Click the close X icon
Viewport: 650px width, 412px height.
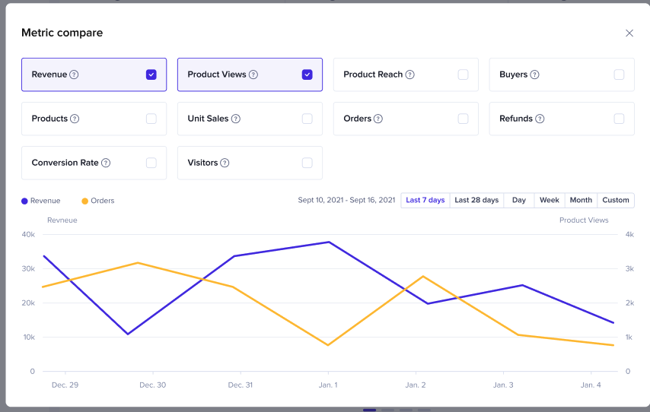pyautogui.click(x=629, y=33)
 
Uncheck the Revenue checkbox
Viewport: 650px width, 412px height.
pyautogui.click(x=151, y=74)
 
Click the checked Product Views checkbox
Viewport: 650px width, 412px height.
pyautogui.click(x=307, y=74)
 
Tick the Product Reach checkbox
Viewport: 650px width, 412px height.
pyautogui.click(x=463, y=74)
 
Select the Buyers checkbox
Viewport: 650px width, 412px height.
pyautogui.click(x=619, y=74)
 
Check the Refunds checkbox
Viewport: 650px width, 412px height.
pyautogui.click(x=619, y=119)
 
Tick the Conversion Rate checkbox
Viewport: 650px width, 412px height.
pyautogui.click(x=151, y=163)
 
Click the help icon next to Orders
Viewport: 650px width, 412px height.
pyautogui.click(x=378, y=119)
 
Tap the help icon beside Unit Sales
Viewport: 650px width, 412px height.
pyautogui.click(x=236, y=119)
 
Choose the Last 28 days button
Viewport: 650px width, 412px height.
pyautogui.click(x=476, y=201)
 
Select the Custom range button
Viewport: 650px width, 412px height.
pyautogui.click(x=616, y=201)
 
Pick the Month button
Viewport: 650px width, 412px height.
pyautogui.click(x=581, y=201)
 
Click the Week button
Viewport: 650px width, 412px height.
pyautogui.click(x=550, y=201)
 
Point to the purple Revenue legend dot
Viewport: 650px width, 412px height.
pyautogui.click(x=24, y=201)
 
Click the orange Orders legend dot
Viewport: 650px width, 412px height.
pyautogui.click(x=84, y=201)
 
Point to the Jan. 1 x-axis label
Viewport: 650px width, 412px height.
pyautogui.click(x=328, y=385)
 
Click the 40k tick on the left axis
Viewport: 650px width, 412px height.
pyautogui.click(x=27, y=234)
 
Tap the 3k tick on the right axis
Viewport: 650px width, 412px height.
pyautogui.click(x=629, y=268)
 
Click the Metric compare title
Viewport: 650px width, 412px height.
pyautogui.click(x=62, y=33)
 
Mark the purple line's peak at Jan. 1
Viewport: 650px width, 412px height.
pyautogui.click(x=328, y=242)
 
